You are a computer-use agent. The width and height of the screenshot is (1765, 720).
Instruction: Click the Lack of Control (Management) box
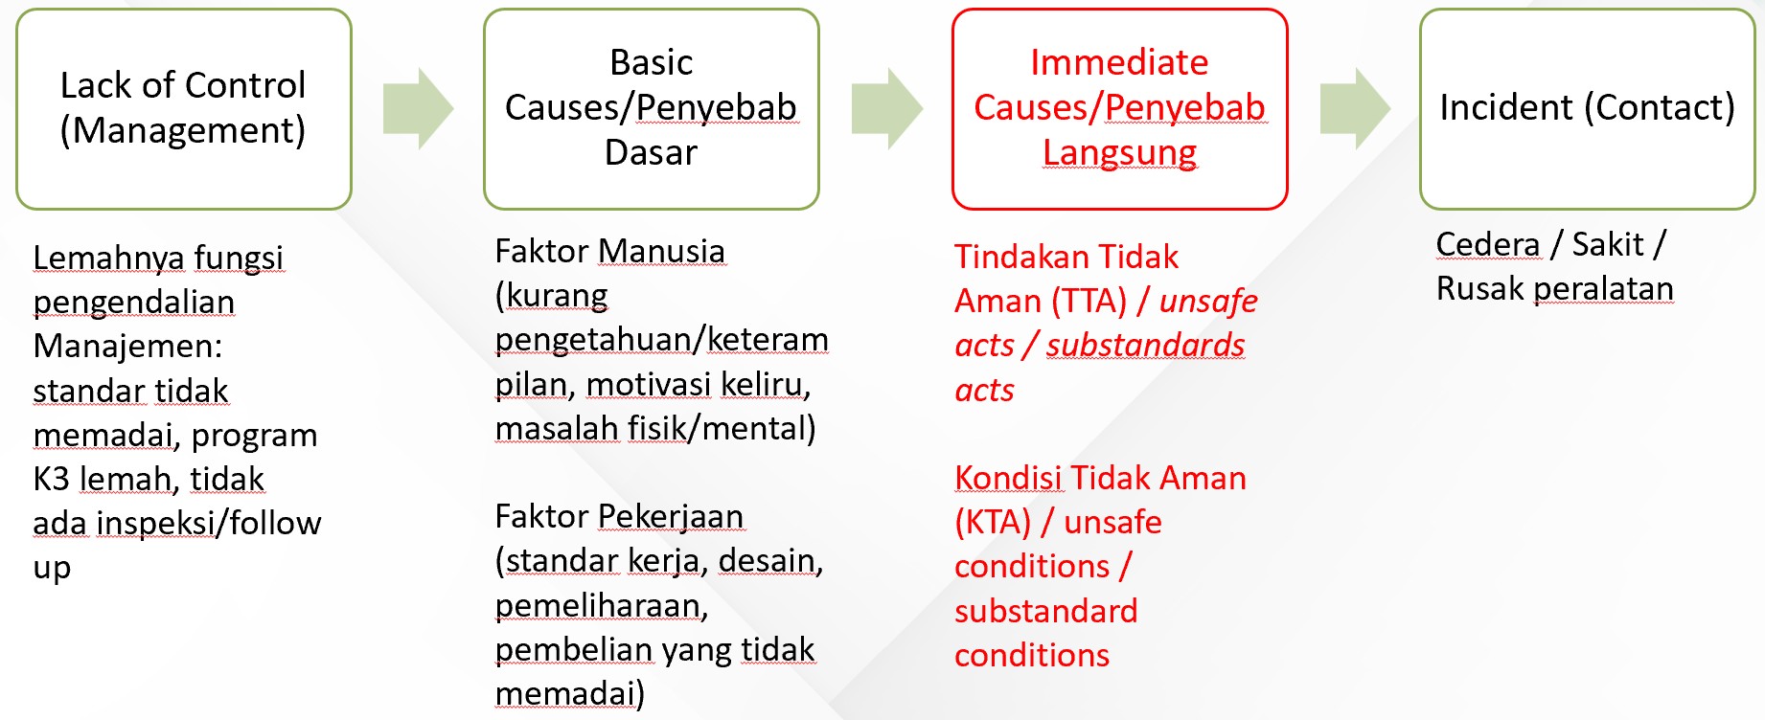(184, 109)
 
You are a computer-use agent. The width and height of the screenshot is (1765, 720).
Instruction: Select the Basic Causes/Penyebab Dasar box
(652, 109)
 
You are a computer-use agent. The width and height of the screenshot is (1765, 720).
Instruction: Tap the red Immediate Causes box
(1120, 109)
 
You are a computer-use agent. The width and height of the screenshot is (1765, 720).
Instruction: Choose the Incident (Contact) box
(1588, 109)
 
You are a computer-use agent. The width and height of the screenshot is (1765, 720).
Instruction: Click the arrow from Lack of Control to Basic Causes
(418, 108)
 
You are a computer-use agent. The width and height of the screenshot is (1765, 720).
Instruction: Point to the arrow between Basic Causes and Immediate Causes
(886, 108)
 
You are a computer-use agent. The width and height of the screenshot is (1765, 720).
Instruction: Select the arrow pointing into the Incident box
(1355, 108)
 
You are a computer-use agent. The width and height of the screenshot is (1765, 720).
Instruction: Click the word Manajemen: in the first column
(127, 346)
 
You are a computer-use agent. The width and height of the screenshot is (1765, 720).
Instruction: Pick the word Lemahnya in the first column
(108, 258)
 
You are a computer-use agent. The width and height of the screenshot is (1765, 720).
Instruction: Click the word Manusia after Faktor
(661, 251)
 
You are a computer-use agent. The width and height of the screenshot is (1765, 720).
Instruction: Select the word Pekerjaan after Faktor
(671, 517)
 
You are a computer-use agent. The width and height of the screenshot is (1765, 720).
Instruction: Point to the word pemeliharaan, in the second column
(602, 605)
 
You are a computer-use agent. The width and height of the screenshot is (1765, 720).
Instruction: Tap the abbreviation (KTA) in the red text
(993, 523)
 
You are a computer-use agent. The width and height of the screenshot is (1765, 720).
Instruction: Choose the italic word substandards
(1145, 345)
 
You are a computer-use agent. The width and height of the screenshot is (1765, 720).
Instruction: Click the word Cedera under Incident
(1488, 244)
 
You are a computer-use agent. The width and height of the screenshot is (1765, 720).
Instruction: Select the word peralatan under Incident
(1603, 289)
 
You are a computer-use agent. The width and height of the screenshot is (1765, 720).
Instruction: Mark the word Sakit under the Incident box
(1608, 244)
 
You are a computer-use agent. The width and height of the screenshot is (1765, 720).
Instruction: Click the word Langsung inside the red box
(1120, 153)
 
